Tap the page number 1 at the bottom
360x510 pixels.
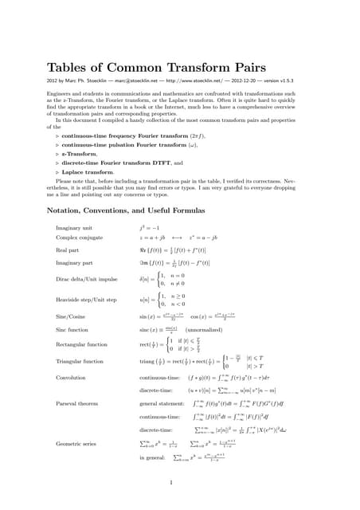point(171,482)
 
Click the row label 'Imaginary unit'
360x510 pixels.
point(72,228)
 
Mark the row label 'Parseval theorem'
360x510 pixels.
point(78,403)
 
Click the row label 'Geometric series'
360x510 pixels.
point(76,442)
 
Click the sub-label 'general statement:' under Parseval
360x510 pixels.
point(164,403)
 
